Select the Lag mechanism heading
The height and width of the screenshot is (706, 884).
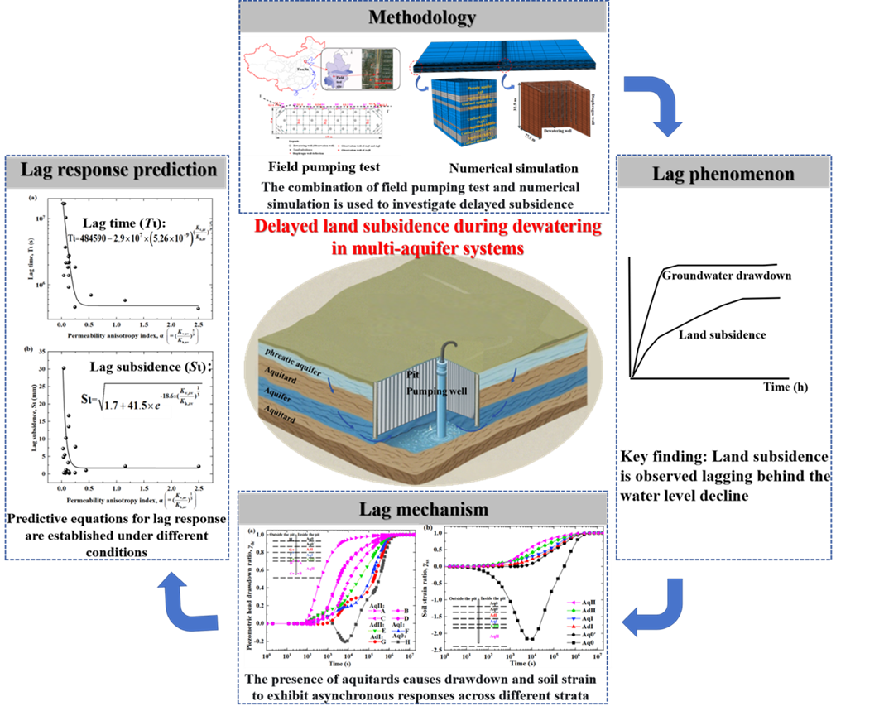[x=422, y=507]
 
